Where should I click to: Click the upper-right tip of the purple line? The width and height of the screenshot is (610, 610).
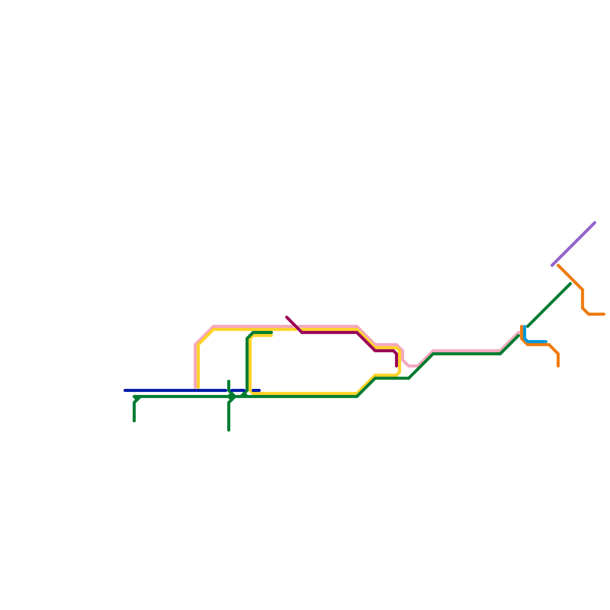pyautogui.click(x=594, y=223)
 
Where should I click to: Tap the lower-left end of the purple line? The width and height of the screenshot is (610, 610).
pyautogui.click(x=552, y=265)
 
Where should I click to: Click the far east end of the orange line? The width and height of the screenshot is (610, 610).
pyautogui.click(x=604, y=314)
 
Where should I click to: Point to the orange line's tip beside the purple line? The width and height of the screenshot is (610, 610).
pyautogui.click(x=558, y=266)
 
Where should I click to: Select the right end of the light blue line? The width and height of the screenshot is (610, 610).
pyautogui.click(x=546, y=342)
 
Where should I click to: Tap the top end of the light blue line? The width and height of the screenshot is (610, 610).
pyautogui.click(x=525, y=326)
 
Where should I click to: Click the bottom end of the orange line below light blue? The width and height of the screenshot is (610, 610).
pyautogui.click(x=558, y=366)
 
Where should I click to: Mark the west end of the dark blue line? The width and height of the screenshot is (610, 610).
pyautogui.click(x=125, y=390)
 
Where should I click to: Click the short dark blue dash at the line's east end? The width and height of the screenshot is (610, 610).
pyautogui.click(x=256, y=390)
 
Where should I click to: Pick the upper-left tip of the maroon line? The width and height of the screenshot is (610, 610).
pyautogui.click(x=287, y=317)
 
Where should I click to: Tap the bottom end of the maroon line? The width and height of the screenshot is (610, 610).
pyautogui.click(x=396, y=366)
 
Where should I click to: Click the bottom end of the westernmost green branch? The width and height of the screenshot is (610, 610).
pyautogui.click(x=134, y=421)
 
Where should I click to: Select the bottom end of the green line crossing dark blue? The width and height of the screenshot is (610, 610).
pyautogui.click(x=229, y=430)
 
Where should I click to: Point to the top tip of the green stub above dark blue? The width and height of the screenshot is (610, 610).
pyautogui.click(x=229, y=381)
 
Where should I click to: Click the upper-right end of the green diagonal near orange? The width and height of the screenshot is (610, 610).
pyautogui.click(x=570, y=284)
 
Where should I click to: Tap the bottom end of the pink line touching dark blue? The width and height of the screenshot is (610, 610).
pyautogui.click(x=195, y=387)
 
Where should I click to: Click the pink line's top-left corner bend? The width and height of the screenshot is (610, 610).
pyautogui.click(x=213, y=327)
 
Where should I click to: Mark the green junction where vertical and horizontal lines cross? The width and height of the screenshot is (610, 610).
pyautogui.click(x=231, y=396)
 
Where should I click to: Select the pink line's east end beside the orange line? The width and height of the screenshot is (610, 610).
pyautogui.click(x=518, y=333)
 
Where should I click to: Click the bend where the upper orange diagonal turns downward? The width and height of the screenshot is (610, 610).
pyautogui.click(x=582, y=290)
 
